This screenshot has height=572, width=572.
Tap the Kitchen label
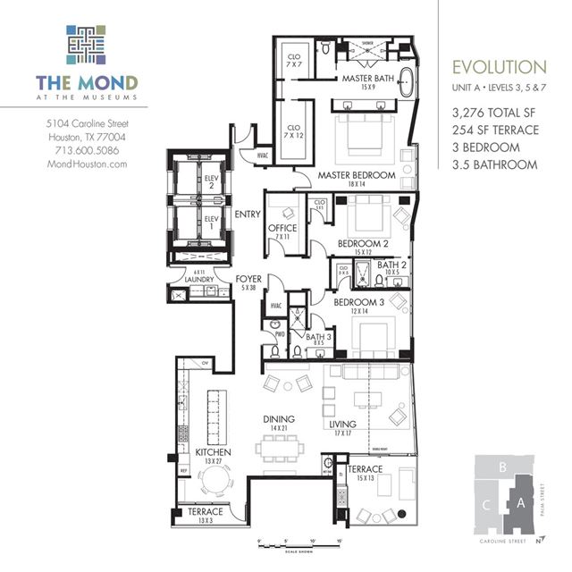click(214, 453)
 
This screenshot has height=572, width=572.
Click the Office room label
click(283, 229)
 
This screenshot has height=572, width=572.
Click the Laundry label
click(198, 280)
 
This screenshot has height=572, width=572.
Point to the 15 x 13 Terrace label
click(365, 469)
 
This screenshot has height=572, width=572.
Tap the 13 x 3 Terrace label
click(206, 512)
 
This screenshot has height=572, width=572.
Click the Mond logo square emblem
click(86, 45)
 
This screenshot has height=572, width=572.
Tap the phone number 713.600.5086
click(88, 150)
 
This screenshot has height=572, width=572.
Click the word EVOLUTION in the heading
click(499, 67)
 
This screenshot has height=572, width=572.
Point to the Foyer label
click(248, 280)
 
